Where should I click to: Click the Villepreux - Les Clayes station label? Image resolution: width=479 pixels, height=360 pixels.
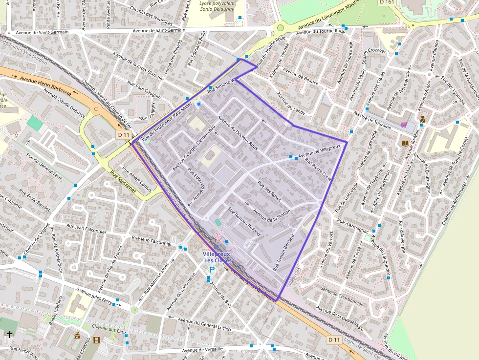pyautogui.click(x=217, y=257)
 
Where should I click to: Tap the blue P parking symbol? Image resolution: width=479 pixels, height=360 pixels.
pyautogui.click(x=212, y=270)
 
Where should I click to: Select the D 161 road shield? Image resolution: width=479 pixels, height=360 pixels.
pyautogui.click(x=387, y=2)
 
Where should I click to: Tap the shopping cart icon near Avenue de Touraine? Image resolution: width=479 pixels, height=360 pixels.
pyautogui.click(x=404, y=125)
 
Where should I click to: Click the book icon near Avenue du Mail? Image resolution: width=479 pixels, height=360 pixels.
pyautogui.click(x=405, y=143)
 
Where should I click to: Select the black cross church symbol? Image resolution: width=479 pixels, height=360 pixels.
pyautogui.click(x=9, y=334)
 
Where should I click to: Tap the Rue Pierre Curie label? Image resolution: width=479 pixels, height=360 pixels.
pyautogui.click(x=318, y=169)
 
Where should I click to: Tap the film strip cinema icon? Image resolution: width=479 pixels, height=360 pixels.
pyautogui.click(x=96, y=340)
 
